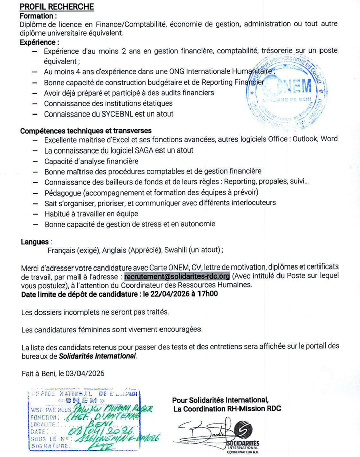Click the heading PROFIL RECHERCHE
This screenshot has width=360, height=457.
click(57, 7)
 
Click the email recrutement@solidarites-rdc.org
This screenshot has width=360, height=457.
click(177, 276)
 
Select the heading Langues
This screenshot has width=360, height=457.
click(34, 242)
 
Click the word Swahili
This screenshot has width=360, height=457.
click(175, 250)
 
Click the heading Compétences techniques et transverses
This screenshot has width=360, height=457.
click(86, 130)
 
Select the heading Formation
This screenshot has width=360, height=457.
click(38, 16)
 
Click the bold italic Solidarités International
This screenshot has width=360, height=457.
click(97, 356)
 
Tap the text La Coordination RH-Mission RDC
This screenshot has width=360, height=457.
click(227, 408)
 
